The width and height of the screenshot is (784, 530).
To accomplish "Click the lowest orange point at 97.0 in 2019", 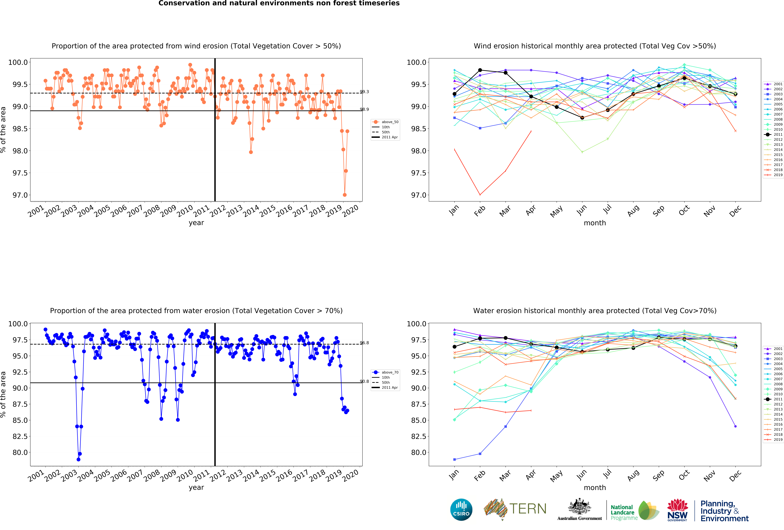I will pyautogui.click(x=344, y=195).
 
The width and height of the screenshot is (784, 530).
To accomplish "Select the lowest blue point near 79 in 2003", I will pyautogui.click(x=78, y=459).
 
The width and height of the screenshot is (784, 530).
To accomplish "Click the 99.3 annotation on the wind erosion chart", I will pyautogui.click(x=364, y=91).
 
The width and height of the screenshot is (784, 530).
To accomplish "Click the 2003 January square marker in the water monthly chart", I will pyautogui.click(x=454, y=459).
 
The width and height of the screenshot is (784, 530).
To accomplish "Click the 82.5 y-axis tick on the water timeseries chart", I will pyautogui.click(x=20, y=436).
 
